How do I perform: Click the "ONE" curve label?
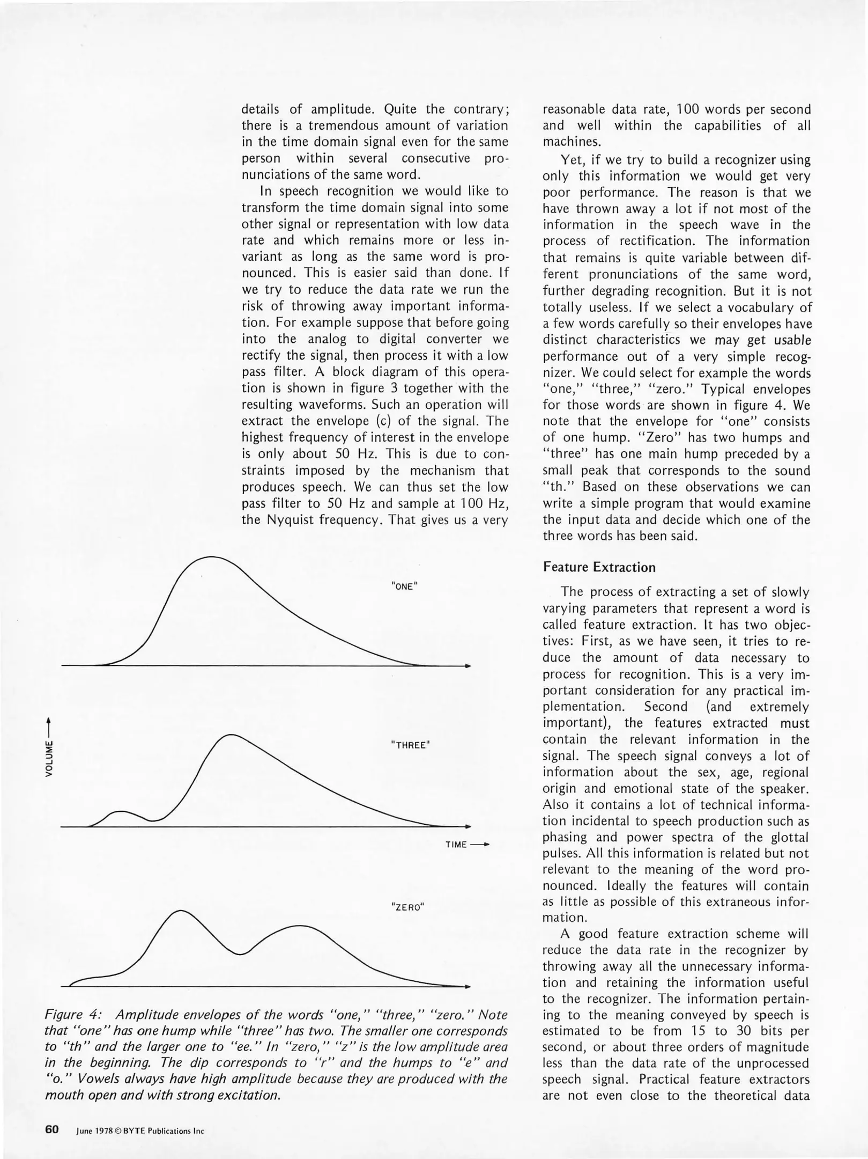pyautogui.click(x=404, y=586)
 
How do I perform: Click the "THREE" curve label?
pyautogui.click(x=410, y=745)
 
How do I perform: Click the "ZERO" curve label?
pyautogui.click(x=408, y=907)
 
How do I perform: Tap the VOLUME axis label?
pyautogui.click(x=49, y=758)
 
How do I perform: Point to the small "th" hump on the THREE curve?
pyautogui.click(x=121, y=812)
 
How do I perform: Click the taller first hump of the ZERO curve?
pyautogui.click(x=177, y=911)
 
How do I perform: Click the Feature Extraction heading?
pyautogui.click(x=599, y=567)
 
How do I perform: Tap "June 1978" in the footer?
pyautogui.click(x=93, y=1131)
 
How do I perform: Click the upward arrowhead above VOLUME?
pyautogui.click(x=49, y=720)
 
